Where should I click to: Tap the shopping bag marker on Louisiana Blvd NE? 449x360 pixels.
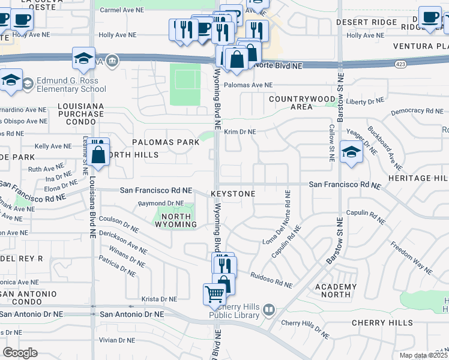pos(98,154)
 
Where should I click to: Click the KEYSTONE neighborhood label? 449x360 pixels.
pos(233,194)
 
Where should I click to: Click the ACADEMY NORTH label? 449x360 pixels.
pos(336,290)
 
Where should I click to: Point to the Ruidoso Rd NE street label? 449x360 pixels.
pos(271,280)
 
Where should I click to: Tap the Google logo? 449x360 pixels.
pos(20,352)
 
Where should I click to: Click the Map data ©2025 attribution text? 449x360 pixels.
pos(423,355)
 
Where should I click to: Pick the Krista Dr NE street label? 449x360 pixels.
pos(159,299)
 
